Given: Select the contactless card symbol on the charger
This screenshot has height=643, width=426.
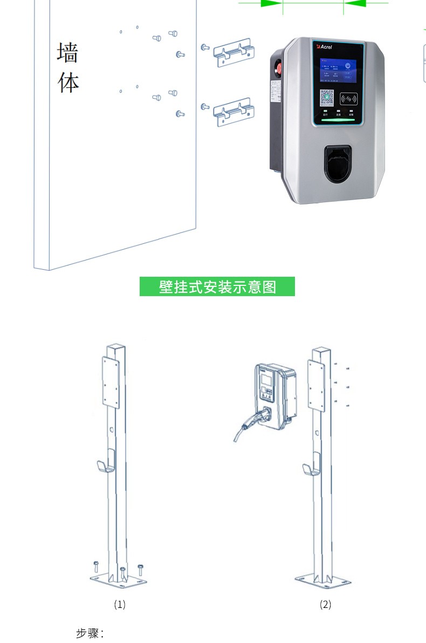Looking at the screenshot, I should click(349, 99).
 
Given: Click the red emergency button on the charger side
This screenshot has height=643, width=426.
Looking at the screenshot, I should click(279, 70).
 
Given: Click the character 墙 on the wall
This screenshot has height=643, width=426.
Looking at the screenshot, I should click(67, 53).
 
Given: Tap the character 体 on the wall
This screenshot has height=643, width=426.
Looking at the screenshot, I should click(68, 83).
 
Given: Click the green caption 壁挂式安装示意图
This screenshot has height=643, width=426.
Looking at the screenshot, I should click(217, 286).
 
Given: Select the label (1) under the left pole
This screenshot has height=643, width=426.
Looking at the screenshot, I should click(120, 604).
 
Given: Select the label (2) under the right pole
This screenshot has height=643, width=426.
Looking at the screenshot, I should click(326, 604).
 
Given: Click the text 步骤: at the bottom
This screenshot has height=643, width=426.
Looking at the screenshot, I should click(90, 633).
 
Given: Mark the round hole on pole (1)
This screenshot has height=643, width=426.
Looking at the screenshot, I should click(111, 430).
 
